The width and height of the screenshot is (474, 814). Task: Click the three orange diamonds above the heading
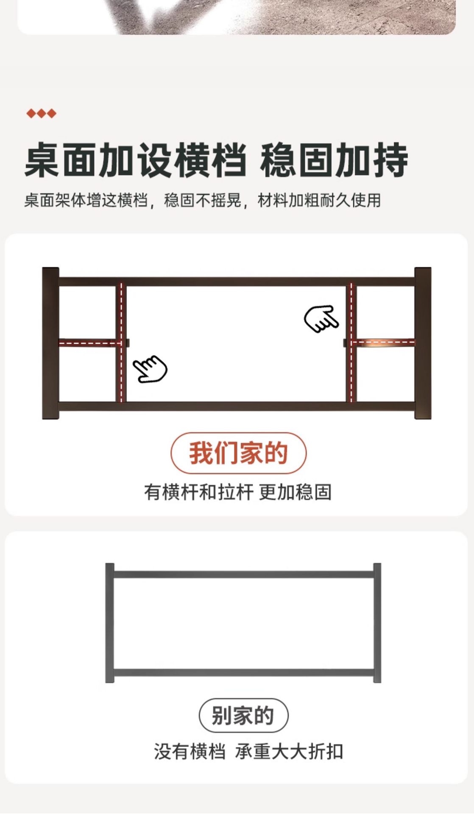(41, 113)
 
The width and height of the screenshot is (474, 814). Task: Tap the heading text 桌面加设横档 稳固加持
(216, 160)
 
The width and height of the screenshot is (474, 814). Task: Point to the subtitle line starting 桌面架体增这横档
(203, 200)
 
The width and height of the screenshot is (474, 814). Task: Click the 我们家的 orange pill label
(238, 453)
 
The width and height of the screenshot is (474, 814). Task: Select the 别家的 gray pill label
(243, 716)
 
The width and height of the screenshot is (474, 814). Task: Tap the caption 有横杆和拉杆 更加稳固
(238, 492)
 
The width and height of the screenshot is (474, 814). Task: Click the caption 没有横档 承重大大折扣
(248, 752)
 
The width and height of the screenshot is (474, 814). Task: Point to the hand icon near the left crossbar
(150, 369)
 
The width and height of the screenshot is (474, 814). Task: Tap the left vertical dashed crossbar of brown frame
(121, 342)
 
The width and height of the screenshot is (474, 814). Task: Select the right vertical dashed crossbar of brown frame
(351, 342)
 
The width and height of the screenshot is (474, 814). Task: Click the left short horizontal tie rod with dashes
(88, 343)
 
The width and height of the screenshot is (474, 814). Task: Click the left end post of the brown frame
(50, 343)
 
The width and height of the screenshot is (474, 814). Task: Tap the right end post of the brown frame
(423, 343)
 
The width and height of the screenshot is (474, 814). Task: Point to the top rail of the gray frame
(243, 575)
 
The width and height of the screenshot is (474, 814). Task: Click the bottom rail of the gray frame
(243, 673)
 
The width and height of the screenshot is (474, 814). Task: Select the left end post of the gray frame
(110, 623)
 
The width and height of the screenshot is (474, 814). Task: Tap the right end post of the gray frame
(377, 623)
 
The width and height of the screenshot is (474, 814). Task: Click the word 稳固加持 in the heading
(334, 160)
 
